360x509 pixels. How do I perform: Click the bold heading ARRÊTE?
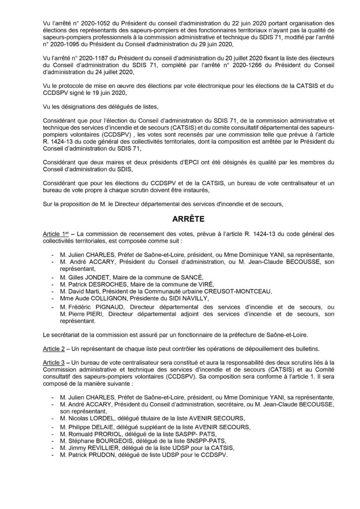click(x=180, y=218)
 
